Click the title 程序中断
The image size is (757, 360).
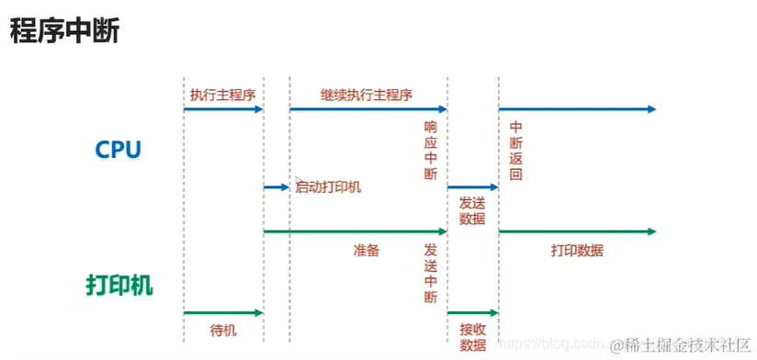click(x=64, y=31)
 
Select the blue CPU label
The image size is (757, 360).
click(x=118, y=149)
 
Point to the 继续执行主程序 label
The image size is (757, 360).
click(x=367, y=95)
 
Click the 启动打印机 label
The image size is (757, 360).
click(x=328, y=187)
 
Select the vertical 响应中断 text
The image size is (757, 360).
click(x=431, y=151)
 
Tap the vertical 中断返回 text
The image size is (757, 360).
click(x=515, y=151)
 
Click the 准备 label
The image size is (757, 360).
click(x=367, y=249)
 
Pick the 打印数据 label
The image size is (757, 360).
click(x=577, y=250)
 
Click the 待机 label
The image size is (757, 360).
click(x=223, y=330)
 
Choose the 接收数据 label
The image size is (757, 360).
click(x=472, y=336)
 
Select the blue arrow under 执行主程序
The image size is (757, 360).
click(x=223, y=109)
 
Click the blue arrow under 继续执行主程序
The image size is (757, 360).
click(x=367, y=109)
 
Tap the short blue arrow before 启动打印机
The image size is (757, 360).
click(x=276, y=186)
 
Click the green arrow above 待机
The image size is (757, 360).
click(x=223, y=313)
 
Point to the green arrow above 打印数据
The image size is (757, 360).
click(x=577, y=231)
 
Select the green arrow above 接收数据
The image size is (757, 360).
click(x=472, y=313)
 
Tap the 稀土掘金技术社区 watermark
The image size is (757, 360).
click(x=685, y=344)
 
